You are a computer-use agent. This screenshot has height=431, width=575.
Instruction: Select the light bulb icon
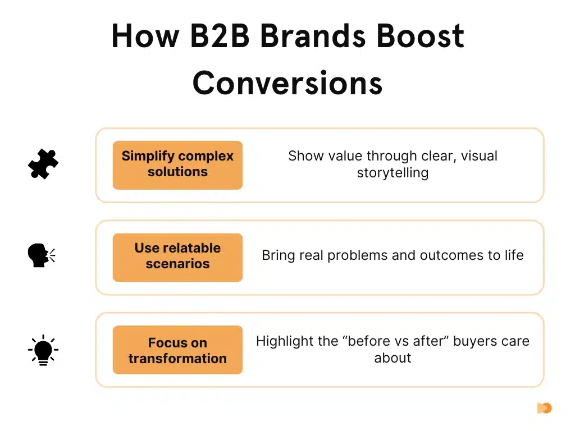(x=43, y=350)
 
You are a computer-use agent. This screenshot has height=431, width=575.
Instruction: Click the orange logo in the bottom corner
(x=544, y=408)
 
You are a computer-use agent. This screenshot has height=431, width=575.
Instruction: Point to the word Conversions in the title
(x=287, y=82)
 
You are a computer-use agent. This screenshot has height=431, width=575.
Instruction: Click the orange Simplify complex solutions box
(x=177, y=164)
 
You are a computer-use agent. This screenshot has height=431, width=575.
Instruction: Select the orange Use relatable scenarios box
(x=177, y=256)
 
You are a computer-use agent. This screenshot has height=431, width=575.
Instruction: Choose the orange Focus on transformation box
(x=177, y=350)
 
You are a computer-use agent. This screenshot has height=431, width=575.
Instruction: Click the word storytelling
(x=393, y=173)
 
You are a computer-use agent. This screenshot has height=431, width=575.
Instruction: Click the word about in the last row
(x=393, y=357)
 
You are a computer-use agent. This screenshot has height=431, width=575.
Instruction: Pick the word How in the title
(x=142, y=38)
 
